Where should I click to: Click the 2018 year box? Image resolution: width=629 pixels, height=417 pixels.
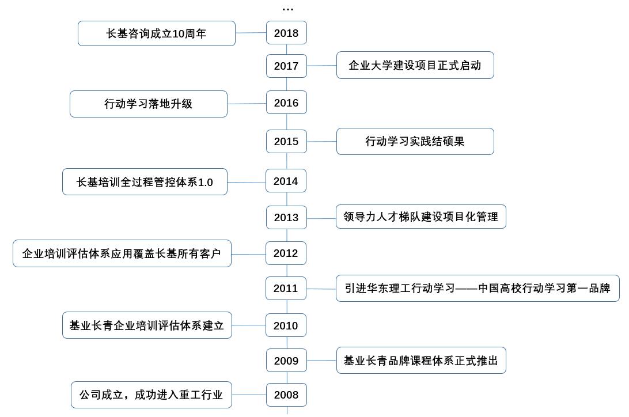pyautogui.click(x=286, y=33)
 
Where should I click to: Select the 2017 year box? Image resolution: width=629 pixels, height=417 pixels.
pyautogui.click(x=286, y=66)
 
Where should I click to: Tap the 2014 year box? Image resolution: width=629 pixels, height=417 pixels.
pyautogui.click(x=286, y=181)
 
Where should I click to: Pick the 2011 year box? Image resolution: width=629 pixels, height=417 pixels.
pyautogui.click(x=286, y=289)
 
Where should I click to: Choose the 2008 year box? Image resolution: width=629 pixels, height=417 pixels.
pyautogui.click(x=286, y=395)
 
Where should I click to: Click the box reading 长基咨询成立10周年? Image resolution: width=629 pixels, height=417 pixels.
pyautogui.click(x=157, y=33)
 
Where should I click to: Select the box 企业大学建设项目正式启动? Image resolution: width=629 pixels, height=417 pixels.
pyautogui.click(x=415, y=65)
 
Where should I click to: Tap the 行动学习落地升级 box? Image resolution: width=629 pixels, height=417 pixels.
pyautogui.click(x=149, y=104)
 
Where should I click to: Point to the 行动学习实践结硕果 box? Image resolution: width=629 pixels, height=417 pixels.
pyautogui.click(x=415, y=141)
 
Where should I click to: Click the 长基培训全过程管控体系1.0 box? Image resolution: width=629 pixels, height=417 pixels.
pyautogui.click(x=145, y=182)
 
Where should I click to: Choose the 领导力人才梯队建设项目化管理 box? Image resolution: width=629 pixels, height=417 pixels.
pyautogui.click(x=421, y=217)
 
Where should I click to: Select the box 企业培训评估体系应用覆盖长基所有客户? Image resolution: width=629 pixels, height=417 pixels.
pyautogui.click(x=122, y=253)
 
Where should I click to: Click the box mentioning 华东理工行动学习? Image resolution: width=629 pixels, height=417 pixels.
pyautogui.click(x=478, y=289)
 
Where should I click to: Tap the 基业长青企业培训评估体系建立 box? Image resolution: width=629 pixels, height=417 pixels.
pyautogui.click(x=147, y=325)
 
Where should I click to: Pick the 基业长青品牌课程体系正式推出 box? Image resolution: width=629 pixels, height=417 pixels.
pyautogui.click(x=421, y=361)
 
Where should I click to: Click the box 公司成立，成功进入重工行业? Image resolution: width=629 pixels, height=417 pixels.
pyautogui.click(x=151, y=395)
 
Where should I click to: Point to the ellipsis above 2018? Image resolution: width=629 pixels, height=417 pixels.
pyautogui.click(x=287, y=9)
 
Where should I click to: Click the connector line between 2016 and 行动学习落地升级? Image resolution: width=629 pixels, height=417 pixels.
pyautogui.click(x=247, y=104)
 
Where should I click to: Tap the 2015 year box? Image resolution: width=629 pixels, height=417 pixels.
pyautogui.click(x=286, y=142)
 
